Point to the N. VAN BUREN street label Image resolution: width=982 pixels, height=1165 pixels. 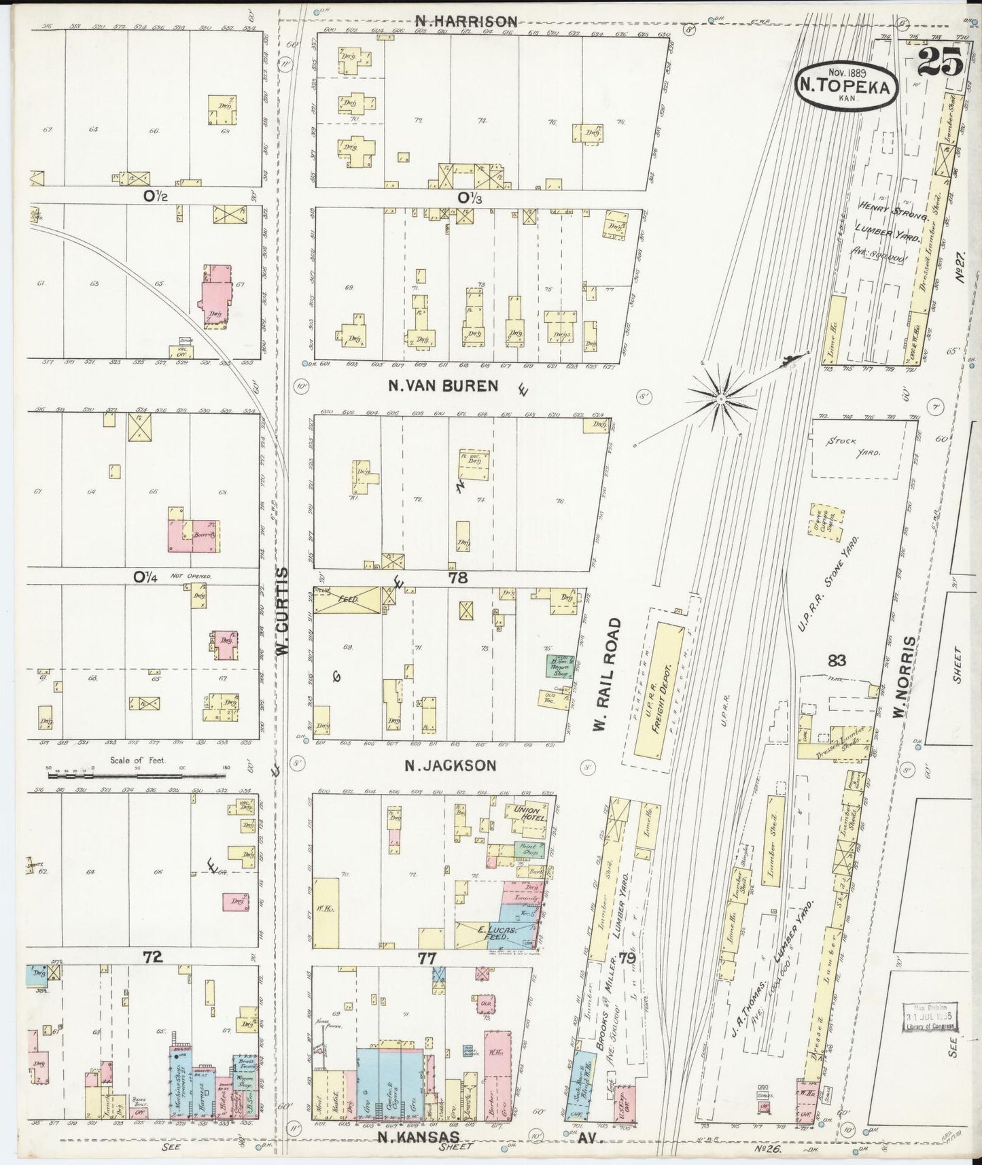coord(442,385)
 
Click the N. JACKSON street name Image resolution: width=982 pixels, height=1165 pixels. coord(450,765)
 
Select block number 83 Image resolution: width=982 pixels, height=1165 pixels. coord(837,659)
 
